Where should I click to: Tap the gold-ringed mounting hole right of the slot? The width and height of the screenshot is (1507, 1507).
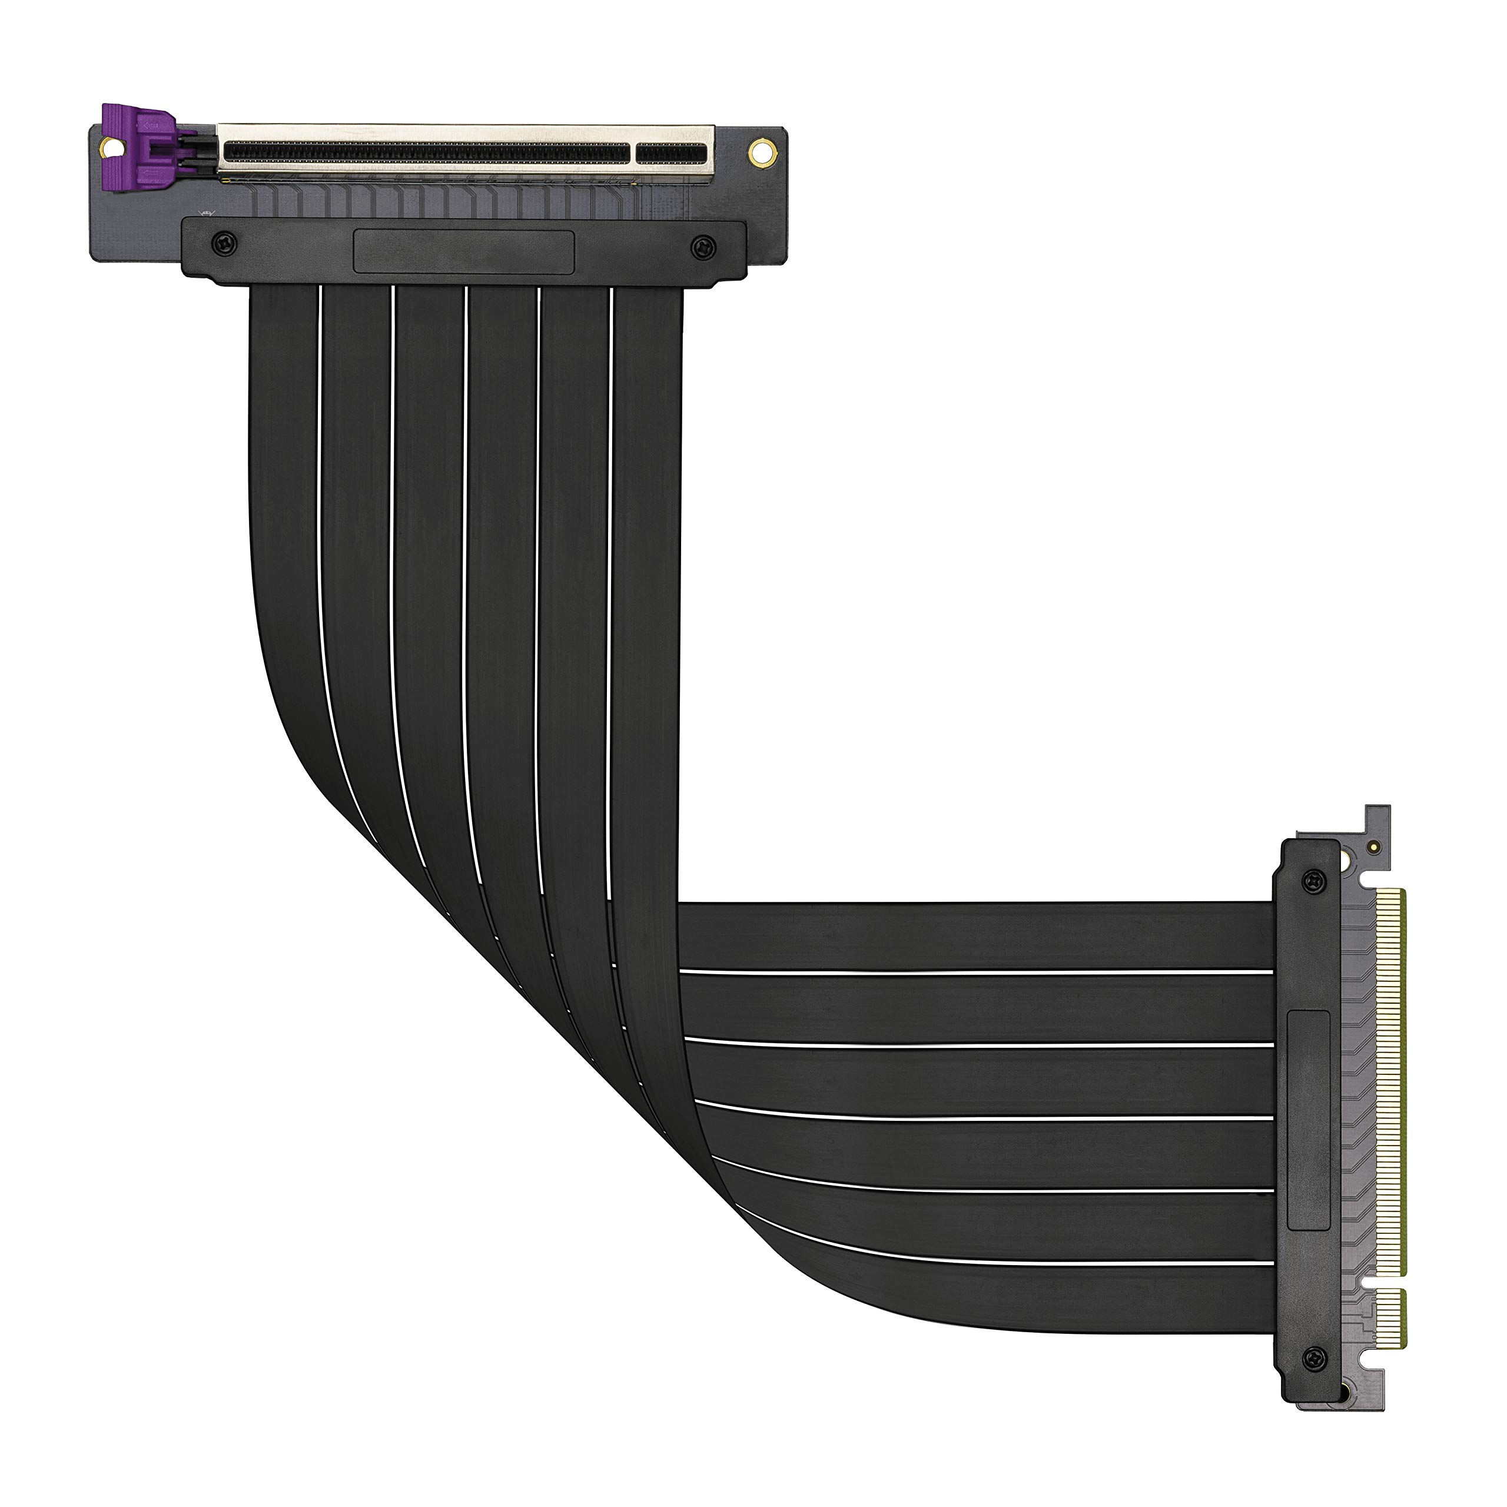758,151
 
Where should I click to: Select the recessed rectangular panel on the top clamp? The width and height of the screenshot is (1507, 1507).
464,251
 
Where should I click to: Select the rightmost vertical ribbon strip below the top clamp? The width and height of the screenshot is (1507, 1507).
648,468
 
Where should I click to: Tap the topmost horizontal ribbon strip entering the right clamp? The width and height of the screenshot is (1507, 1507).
975,936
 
